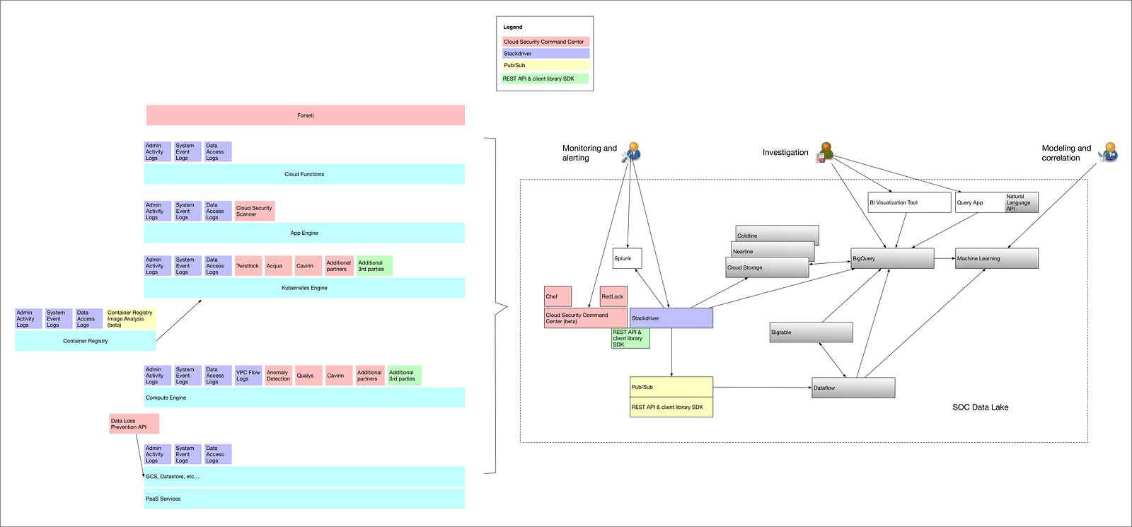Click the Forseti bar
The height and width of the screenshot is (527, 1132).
[305, 115]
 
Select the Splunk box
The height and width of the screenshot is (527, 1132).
[627, 258]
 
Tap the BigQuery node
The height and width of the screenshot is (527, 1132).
[892, 258]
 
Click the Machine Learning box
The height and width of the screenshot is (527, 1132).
[997, 258]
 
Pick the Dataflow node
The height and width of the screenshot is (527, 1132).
[853, 388]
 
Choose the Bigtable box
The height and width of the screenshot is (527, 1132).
[811, 332]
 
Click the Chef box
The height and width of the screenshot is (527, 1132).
[558, 296]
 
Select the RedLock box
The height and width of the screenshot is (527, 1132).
[613, 296]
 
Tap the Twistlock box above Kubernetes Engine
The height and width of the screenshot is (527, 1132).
[248, 266]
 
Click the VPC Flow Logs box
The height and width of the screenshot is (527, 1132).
[248, 376]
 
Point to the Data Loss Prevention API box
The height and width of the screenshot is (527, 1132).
[134, 424]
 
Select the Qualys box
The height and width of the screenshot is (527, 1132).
[308, 376]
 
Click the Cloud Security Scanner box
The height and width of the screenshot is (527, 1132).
[255, 211]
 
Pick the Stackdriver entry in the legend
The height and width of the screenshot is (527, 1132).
[545, 54]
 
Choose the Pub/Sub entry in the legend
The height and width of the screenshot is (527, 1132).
[545, 65]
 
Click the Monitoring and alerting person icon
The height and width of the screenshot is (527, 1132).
[631, 152]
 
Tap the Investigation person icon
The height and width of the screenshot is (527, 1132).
[825, 152]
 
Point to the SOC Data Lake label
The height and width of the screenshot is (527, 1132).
[980, 407]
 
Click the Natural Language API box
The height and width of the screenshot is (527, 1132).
[1022, 202]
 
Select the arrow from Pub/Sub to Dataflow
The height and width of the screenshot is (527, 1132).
[763, 388]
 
